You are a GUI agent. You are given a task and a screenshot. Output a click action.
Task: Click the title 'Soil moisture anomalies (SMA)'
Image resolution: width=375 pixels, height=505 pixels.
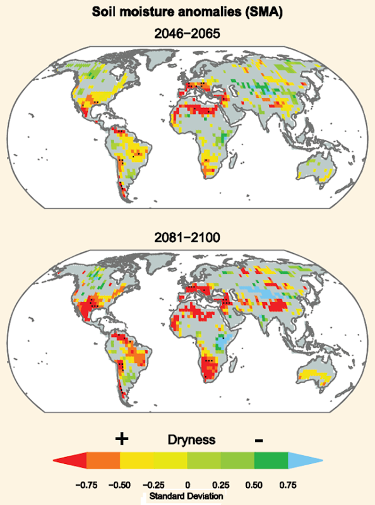187,11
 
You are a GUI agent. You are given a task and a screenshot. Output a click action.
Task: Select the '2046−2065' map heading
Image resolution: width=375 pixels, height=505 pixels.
187,34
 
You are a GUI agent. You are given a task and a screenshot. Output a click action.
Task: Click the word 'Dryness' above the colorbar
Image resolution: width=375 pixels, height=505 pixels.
191,439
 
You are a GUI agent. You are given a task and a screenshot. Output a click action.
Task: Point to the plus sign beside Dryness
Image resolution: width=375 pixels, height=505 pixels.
119,439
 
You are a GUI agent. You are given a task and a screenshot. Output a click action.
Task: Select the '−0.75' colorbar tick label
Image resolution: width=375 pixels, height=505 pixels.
86,485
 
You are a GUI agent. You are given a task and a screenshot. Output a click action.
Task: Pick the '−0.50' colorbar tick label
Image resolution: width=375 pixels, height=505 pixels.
120,485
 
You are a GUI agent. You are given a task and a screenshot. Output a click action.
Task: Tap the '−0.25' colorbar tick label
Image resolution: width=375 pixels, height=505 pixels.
153,485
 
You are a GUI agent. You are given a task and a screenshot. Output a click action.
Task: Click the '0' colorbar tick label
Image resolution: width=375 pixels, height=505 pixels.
187,485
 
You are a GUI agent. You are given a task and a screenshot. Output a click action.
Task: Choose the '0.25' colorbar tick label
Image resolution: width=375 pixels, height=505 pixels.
221,485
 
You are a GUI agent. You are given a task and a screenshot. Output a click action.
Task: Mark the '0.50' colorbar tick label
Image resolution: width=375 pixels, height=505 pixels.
254,485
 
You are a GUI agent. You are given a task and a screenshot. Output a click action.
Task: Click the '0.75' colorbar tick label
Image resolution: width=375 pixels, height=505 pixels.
288,485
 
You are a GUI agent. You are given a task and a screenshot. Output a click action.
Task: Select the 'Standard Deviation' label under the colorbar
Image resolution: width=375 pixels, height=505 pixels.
187,497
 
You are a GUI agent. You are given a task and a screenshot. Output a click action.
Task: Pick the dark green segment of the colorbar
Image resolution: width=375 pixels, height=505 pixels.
271,462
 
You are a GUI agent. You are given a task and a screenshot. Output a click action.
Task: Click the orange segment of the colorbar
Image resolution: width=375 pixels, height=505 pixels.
103,462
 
